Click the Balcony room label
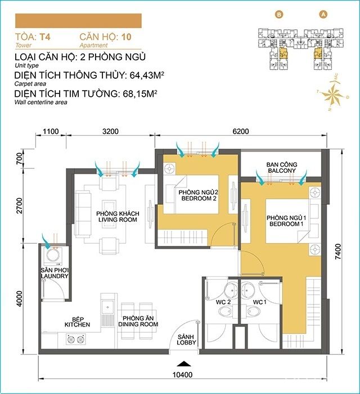[282, 169]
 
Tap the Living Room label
[116, 217]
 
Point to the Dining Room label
[138, 321]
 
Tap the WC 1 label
[259, 303]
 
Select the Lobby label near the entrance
[186, 339]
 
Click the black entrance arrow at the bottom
[181, 364]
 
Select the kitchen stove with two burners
[77, 339]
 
